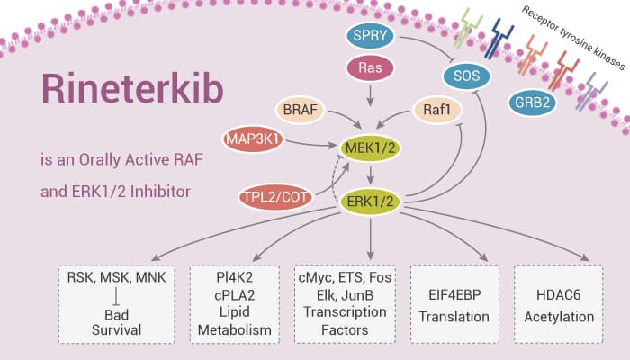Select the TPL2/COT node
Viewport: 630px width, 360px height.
(279, 196)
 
